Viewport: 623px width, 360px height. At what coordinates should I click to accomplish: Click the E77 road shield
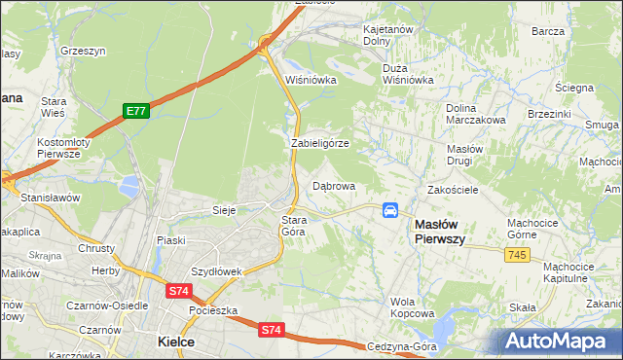point(135,112)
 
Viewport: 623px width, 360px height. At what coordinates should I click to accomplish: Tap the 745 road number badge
point(518,253)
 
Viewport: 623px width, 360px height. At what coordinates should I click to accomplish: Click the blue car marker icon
point(390,210)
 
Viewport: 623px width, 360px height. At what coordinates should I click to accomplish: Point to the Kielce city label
point(176,342)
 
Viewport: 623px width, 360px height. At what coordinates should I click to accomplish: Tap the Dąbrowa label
point(334,185)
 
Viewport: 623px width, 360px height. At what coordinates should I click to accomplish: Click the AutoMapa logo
point(559,341)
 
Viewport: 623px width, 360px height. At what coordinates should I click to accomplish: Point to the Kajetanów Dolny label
point(390,35)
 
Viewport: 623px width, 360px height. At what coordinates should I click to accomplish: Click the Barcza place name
point(548,31)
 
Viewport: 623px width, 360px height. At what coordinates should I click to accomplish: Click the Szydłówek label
point(216,271)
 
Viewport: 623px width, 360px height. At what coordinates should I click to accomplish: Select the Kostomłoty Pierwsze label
point(63,148)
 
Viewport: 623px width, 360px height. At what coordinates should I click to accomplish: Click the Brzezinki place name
point(549,113)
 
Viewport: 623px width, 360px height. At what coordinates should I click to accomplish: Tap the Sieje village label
point(225,209)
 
